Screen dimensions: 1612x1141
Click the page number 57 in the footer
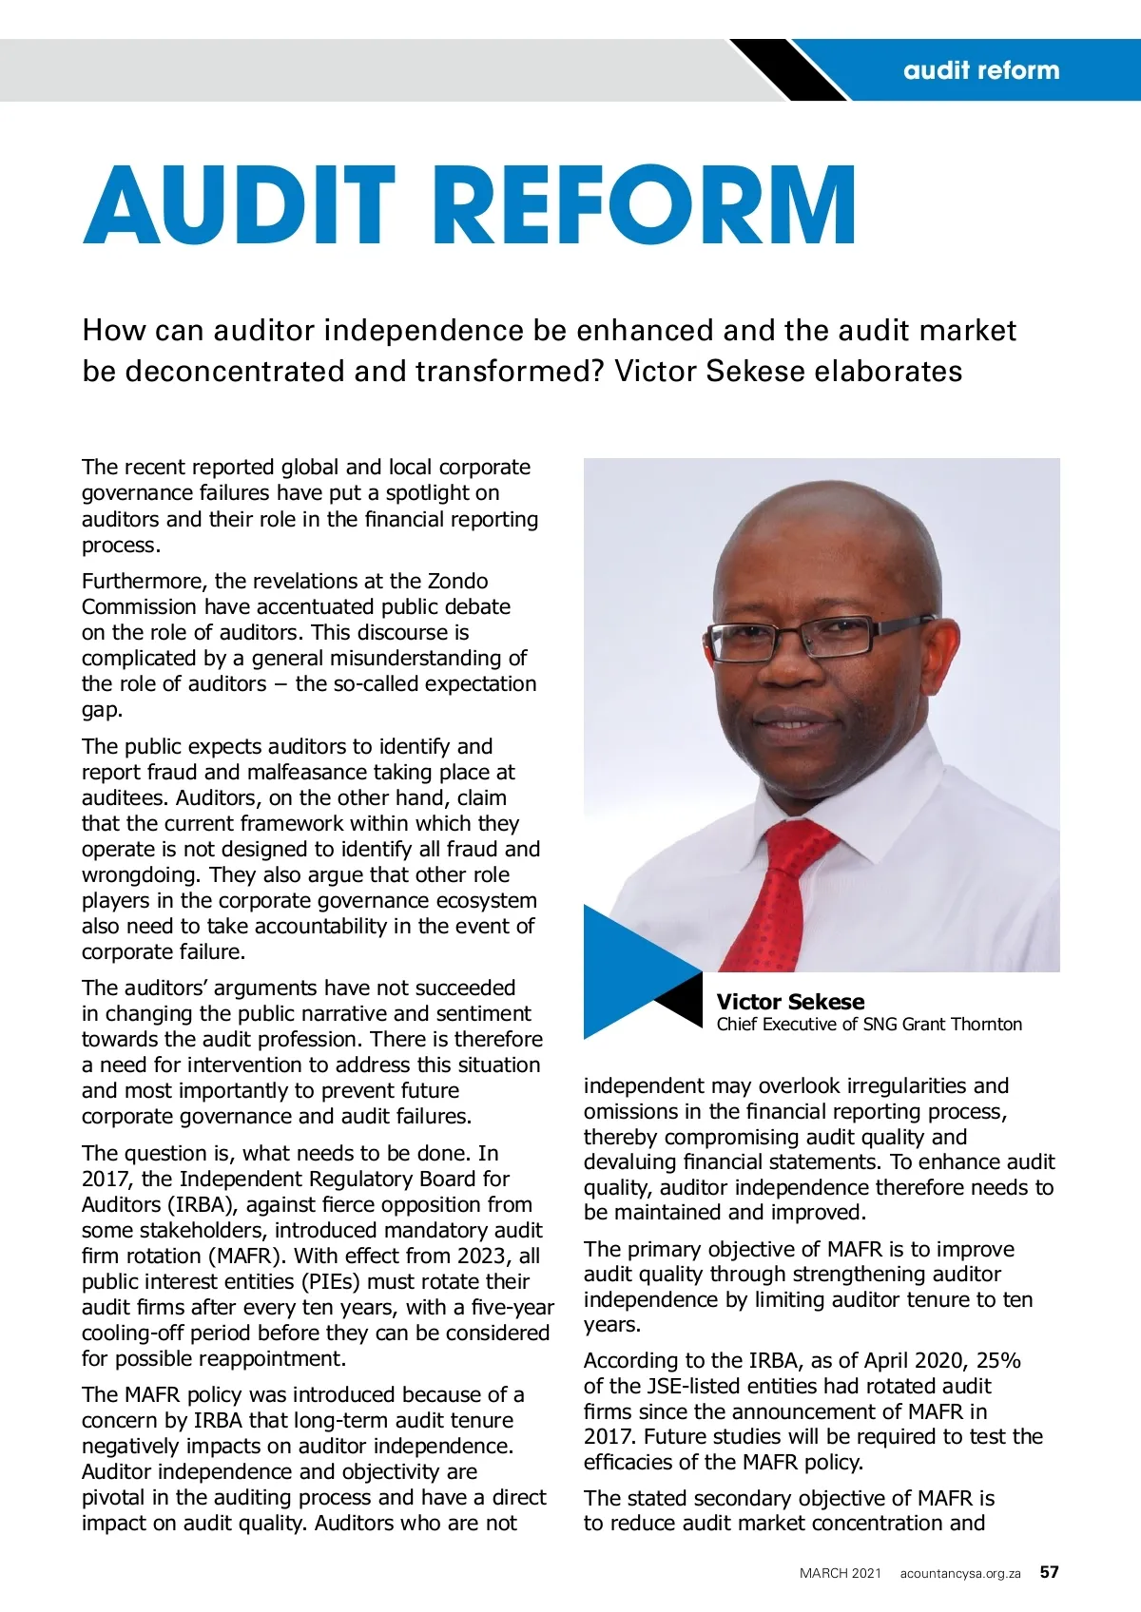click(x=1049, y=1572)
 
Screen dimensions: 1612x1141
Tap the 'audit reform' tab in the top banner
click(x=980, y=70)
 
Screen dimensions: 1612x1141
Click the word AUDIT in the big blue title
click(x=239, y=205)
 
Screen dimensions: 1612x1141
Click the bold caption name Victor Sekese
click(x=790, y=1002)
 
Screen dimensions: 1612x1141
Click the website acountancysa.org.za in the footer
click(x=960, y=1574)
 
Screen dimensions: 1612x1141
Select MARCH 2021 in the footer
click(x=841, y=1574)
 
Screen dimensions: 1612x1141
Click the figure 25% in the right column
click(x=997, y=1361)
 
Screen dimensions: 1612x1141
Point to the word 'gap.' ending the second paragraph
click(x=102, y=710)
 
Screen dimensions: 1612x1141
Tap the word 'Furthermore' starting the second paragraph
click(x=142, y=582)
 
